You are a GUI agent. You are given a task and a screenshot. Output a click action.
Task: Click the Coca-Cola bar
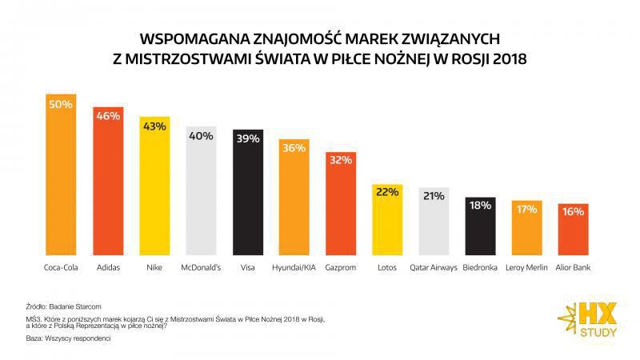(x=61, y=176)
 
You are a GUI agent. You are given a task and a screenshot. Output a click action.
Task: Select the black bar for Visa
(x=248, y=196)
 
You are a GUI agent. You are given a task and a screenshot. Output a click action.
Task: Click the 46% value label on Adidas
(x=107, y=115)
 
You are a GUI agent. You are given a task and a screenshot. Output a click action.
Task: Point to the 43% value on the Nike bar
(x=154, y=126)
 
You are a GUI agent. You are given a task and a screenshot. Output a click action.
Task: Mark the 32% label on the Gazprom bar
(x=341, y=159)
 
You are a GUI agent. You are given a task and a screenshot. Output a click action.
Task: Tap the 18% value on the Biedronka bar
(x=480, y=206)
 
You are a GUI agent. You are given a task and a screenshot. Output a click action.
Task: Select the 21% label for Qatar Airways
(x=434, y=196)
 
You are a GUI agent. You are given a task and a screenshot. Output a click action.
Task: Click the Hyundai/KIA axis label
(x=294, y=267)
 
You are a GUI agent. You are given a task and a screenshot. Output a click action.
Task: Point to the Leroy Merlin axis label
(x=527, y=267)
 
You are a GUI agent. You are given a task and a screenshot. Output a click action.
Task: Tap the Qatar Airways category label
(x=434, y=267)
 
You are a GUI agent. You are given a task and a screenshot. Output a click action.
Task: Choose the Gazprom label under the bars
(x=341, y=267)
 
